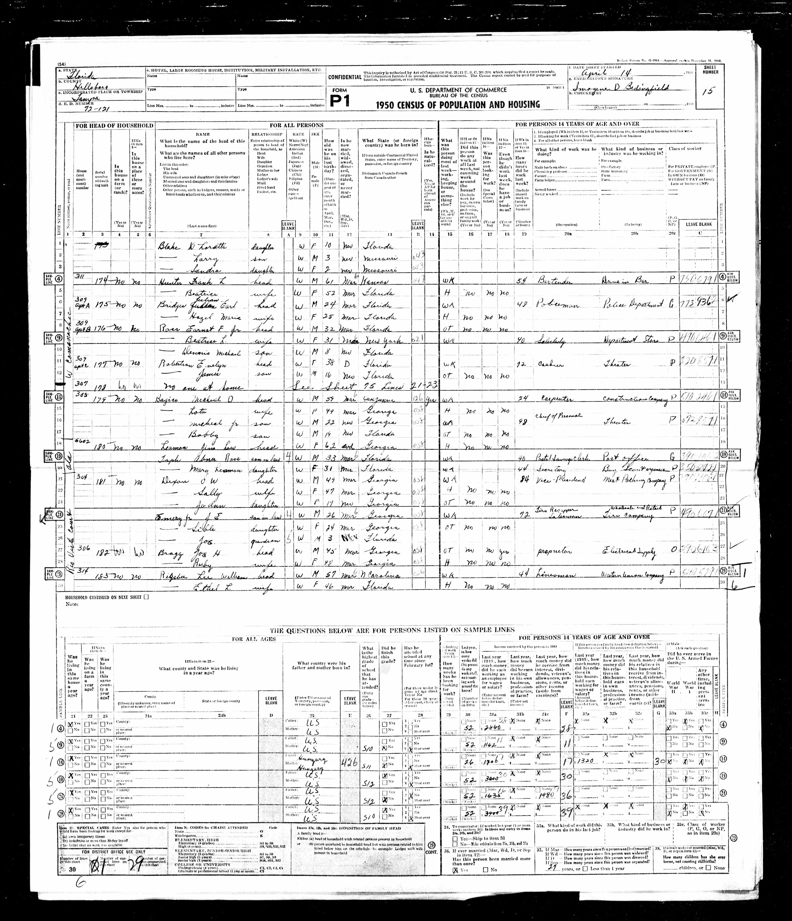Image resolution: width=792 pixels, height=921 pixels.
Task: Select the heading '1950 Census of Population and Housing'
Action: point(458,104)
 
